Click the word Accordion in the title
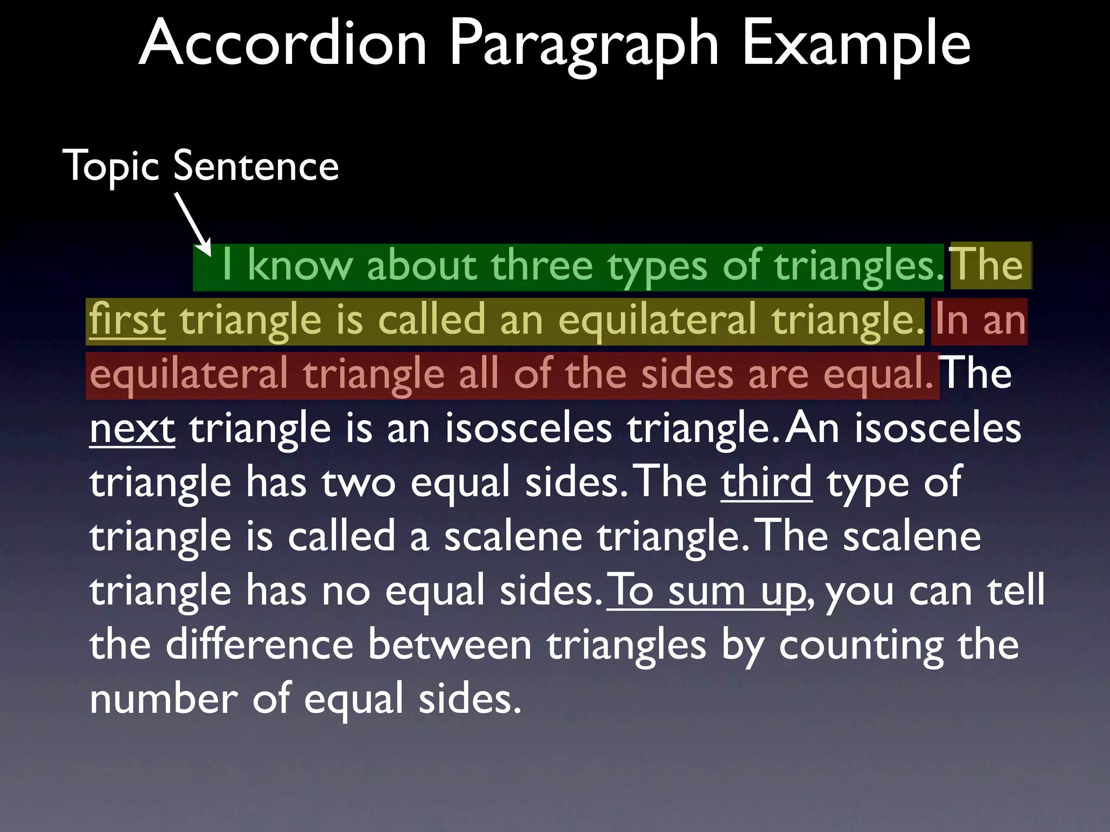pos(283,43)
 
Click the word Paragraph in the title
pos(584,47)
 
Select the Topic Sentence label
pos(201,166)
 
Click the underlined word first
pos(127,320)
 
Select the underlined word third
pos(766,482)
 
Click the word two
pos(359,483)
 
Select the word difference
pos(260,645)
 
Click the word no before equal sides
pos(346,591)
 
